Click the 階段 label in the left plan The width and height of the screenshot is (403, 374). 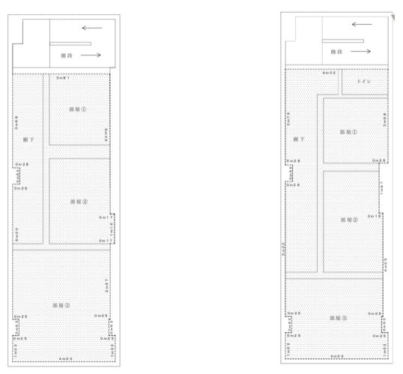pos(67,56)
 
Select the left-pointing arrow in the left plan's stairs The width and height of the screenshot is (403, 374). pos(92,28)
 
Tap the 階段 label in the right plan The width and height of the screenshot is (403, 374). pos(339,54)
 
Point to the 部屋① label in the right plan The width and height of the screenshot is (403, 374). pos(349,132)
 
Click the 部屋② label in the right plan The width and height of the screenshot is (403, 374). pos(350,220)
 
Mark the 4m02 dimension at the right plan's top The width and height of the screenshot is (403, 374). pos(328,73)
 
